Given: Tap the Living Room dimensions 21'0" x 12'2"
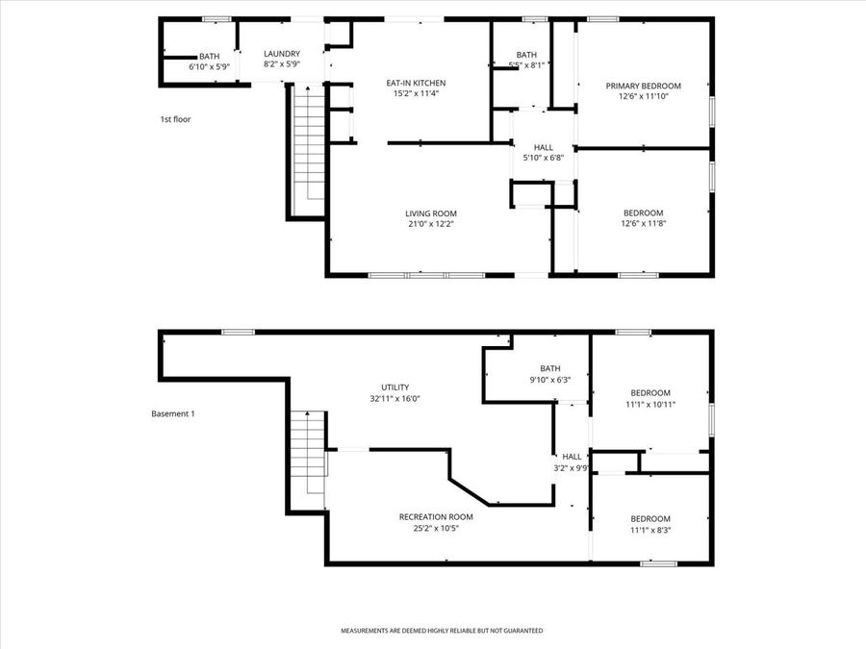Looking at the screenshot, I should click(x=430, y=224).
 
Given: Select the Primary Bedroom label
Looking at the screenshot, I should click(x=643, y=86).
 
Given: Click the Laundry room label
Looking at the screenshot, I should click(x=282, y=54).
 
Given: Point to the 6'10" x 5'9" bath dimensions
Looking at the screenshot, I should click(x=209, y=66).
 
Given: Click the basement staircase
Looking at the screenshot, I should click(x=309, y=453).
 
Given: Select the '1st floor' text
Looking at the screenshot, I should click(x=175, y=119).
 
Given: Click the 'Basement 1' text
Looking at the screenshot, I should click(x=173, y=413).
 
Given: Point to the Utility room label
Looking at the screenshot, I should click(x=395, y=386).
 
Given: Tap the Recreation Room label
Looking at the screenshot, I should click(x=436, y=516).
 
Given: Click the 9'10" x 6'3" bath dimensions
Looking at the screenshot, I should click(x=549, y=380).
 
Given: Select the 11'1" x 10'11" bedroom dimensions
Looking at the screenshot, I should click(x=650, y=405).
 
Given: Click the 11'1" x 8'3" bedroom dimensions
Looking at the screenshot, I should click(x=650, y=530).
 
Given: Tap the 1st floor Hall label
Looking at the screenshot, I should click(x=543, y=146).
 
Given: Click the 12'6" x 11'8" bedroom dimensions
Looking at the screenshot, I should click(x=643, y=224).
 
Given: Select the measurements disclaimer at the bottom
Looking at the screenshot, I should click(x=442, y=631).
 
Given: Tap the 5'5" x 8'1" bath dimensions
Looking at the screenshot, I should click(x=527, y=65).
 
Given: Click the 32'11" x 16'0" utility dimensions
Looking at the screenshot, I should click(x=395, y=398).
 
